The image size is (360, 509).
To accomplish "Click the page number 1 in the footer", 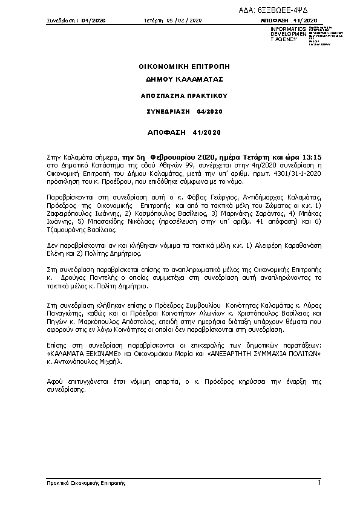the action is click(319, 482).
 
